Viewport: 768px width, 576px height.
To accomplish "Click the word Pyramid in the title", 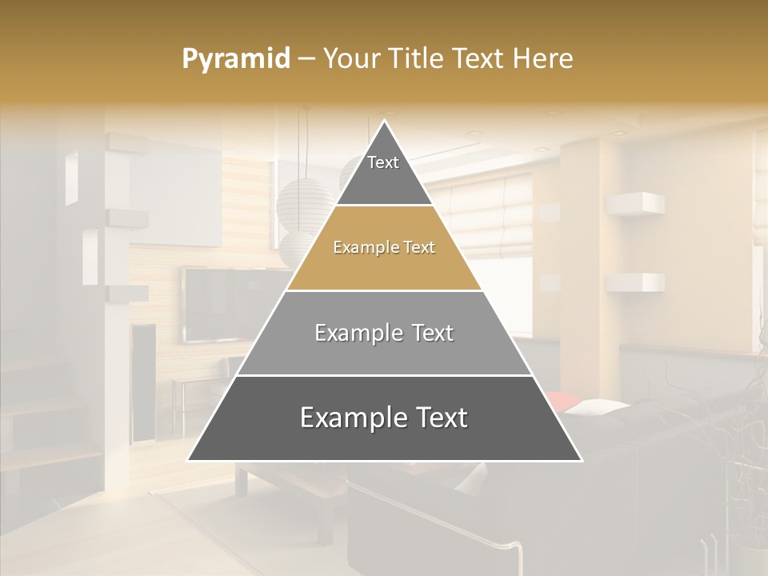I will pyautogui.click(x=235, y=59).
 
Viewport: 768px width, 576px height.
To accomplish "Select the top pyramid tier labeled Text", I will pyautogui.click(x=383, y=171).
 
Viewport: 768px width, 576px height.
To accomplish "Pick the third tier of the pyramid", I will pyautogui.click(x=384, y=334).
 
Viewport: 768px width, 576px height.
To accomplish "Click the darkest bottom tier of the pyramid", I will pyautogui.click(x=384, y=419).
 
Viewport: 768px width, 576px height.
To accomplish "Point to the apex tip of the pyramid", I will pyautogui.click(x=385, y=122).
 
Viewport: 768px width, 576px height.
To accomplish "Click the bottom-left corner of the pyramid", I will pyautogui.click(x=190, y=459).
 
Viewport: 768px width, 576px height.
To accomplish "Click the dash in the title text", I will pyautogui.click(x=306, y=59).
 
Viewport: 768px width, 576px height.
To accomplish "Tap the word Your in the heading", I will pyautogui.click(x=351, y=58).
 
